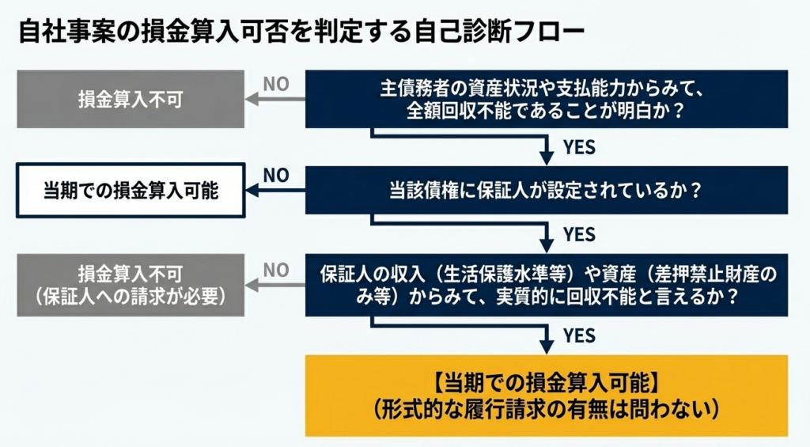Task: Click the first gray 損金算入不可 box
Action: pyautogui.click(x=131, y=99)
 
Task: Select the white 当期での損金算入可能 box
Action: pyautogui.click(x=131, y=190)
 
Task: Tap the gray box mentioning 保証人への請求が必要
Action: pyautogui.click(x=131, y=285)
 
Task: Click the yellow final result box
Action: pyautogui.click(x=547, y=395)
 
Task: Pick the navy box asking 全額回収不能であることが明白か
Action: pyautogui.click(x=547, y=99)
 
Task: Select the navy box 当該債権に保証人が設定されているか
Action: pyautogui.click(x=547, y=190)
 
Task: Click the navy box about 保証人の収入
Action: pyautogui.click(x=547, y=285)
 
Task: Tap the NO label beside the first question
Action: pyautogui.click(x=276, y=84)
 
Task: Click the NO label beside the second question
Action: pyautogui.click(x=276, y=175)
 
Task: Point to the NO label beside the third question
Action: pyautogui.click(x=276, y=270)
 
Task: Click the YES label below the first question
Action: pyautogui.click(x=578, y=147)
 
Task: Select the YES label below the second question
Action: pyautogui.click(x=578, y=234)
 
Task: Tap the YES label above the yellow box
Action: pyautogui.click(x=578, y=335)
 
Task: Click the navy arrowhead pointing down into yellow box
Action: pyautogui.click(x=547, y=346)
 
